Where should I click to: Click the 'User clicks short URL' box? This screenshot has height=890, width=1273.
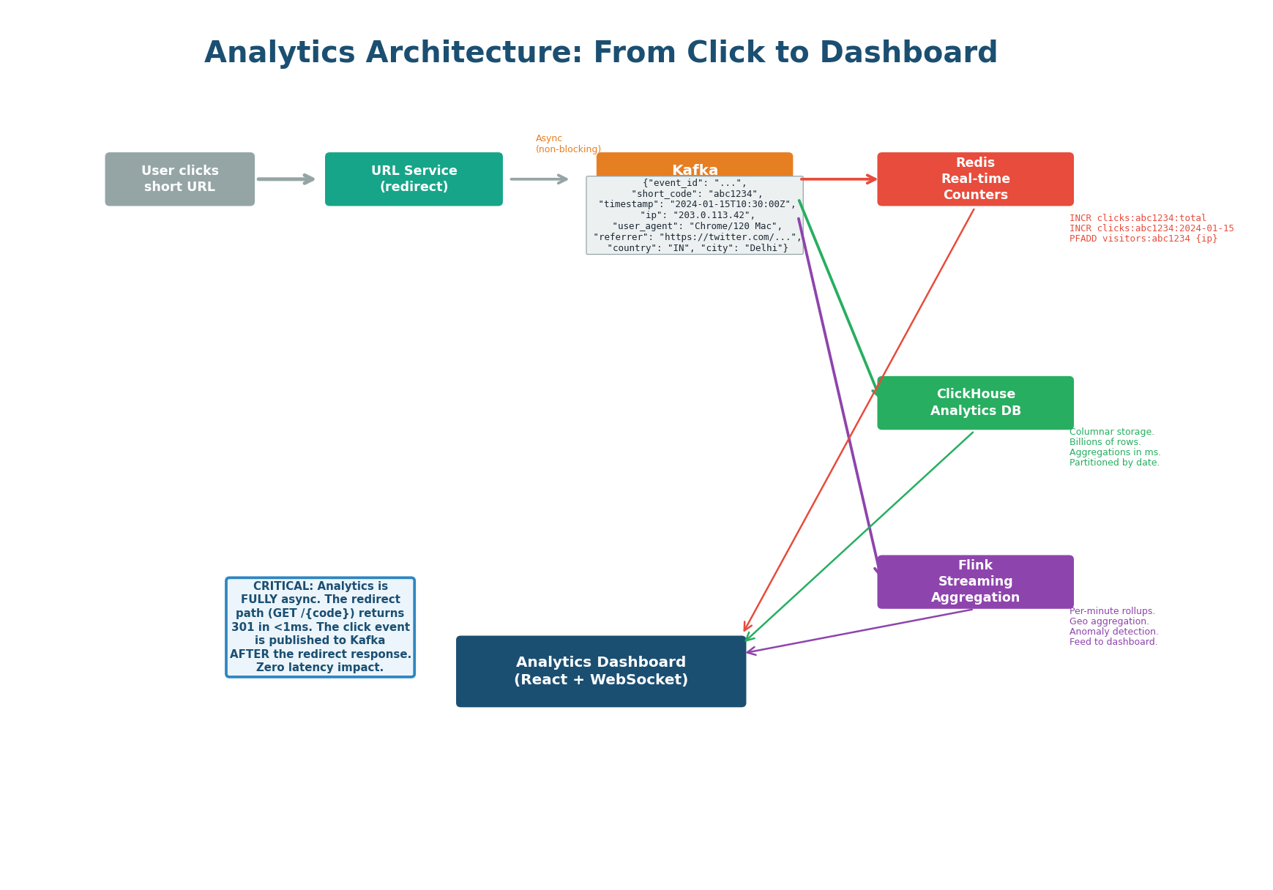click(x=179, y=179)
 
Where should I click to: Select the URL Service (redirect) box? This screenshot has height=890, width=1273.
click(x=414, y=179)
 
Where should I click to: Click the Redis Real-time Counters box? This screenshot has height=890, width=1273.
click(x=975, y=179)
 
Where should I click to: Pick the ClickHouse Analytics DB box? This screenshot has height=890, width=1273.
click(x=975, y=403)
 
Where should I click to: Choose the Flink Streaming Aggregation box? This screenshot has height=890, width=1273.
click(x=975, y=582)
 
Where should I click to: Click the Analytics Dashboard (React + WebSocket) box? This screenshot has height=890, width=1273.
click(x=600, y=671)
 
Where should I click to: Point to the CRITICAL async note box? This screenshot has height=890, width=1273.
click(x=320, y=627)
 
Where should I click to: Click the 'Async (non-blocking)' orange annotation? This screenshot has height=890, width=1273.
click(x=567, y=144)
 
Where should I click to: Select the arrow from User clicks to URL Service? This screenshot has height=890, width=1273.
click(x=285, y=179)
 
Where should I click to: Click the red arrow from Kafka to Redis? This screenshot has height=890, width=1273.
click(x=838, y=179)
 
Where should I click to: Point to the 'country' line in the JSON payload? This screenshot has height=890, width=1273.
click(x=696, y=248)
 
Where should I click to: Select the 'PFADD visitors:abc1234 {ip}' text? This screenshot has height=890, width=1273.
click(x=1143, y=239)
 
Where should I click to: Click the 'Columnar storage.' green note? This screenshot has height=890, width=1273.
click(x=1111, y=433)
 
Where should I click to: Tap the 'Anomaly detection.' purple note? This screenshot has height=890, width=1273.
click(x=1113, y=632)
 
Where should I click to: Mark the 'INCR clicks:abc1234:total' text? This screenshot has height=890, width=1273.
click(x=1138, y=218)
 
